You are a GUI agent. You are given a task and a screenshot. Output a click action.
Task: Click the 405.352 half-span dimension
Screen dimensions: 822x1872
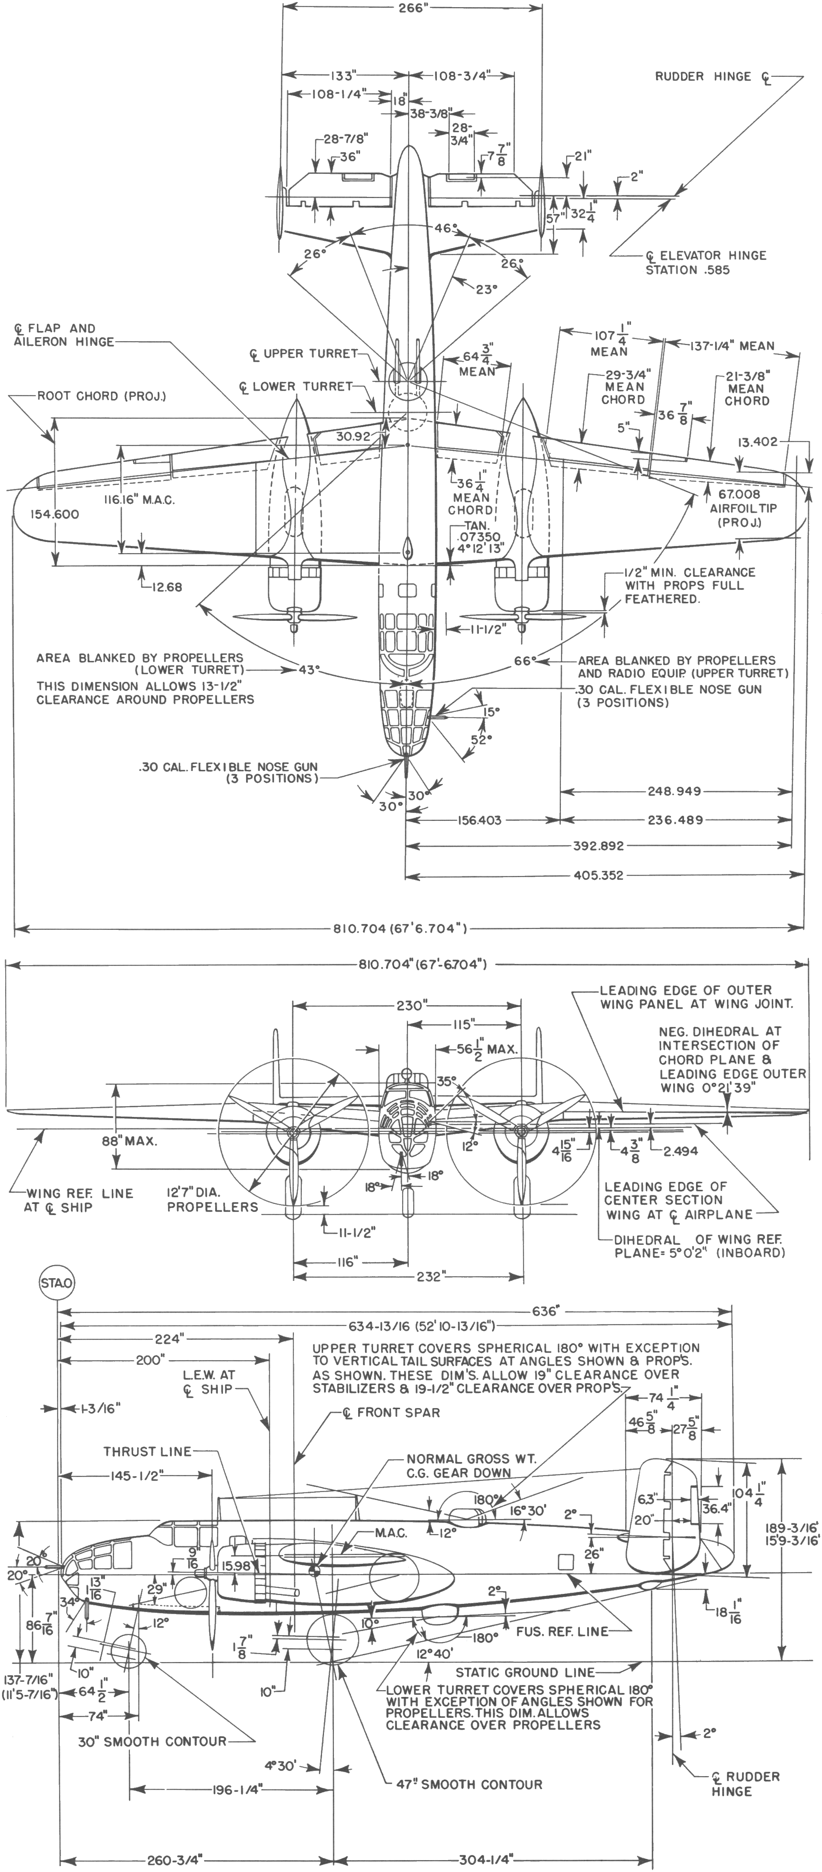pyautogui.click(x=598, y=876)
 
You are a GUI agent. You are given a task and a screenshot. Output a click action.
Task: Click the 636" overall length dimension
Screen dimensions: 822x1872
pyautogui.click(x=545, y=1311)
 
